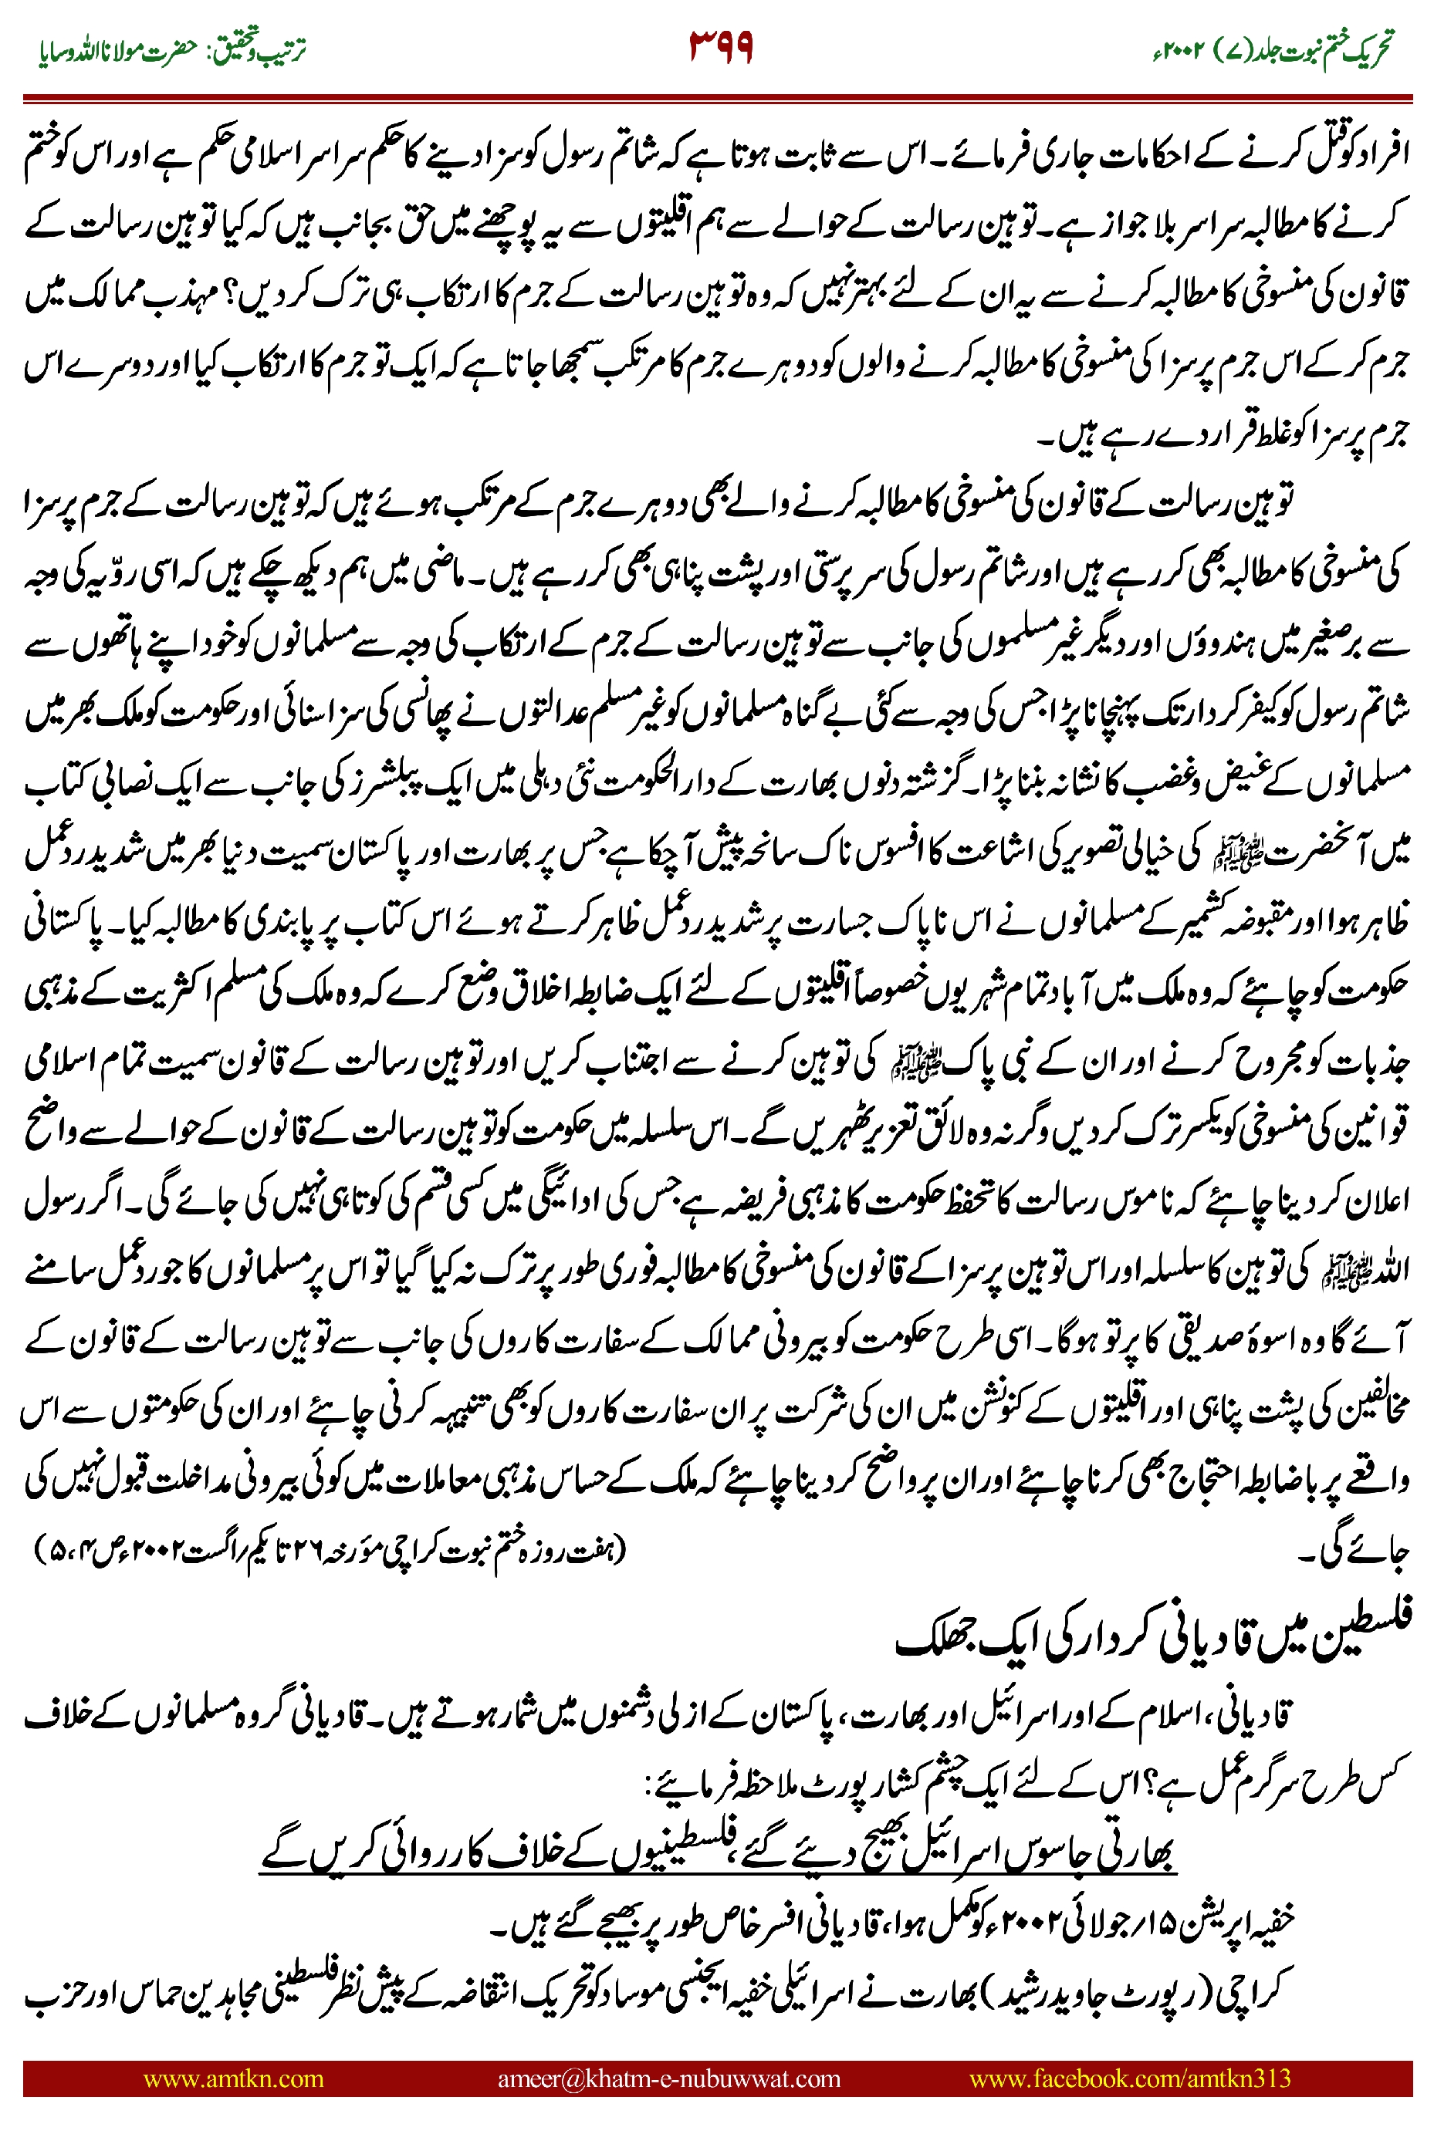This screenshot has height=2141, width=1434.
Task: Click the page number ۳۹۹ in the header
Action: [721, 46]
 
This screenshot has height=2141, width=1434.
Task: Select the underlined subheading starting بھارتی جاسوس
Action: [718, 1853]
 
